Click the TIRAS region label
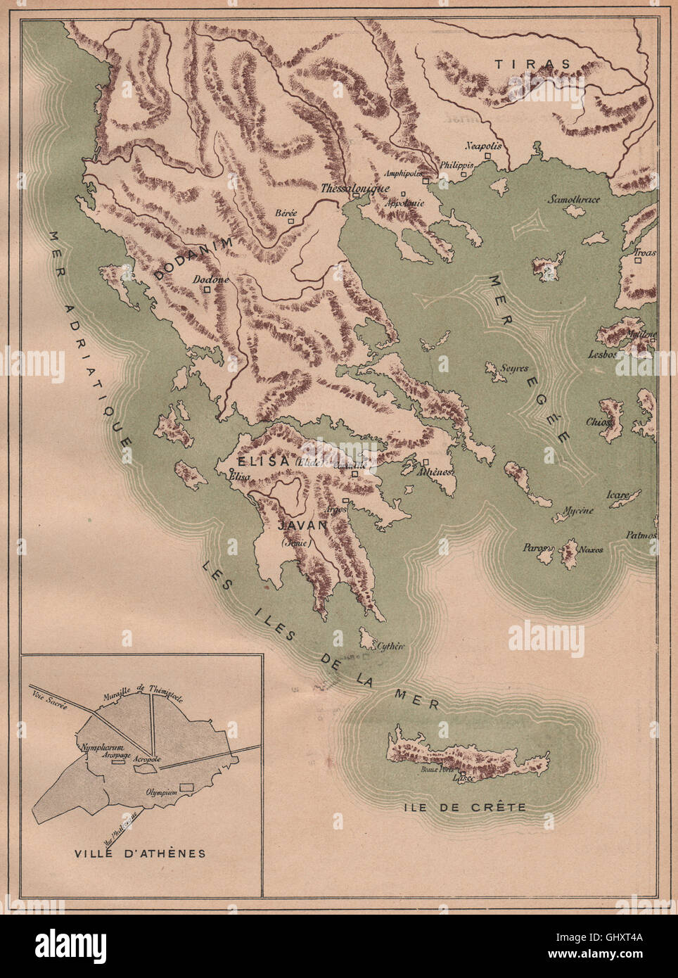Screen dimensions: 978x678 pos(532,64)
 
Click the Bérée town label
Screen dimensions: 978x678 pos(286,213)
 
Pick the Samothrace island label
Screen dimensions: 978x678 pos(575,199)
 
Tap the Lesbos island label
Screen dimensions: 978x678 pos(603,355)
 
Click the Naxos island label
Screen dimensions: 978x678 pos(592,550)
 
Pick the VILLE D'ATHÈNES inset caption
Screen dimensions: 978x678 pos(140,853)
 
